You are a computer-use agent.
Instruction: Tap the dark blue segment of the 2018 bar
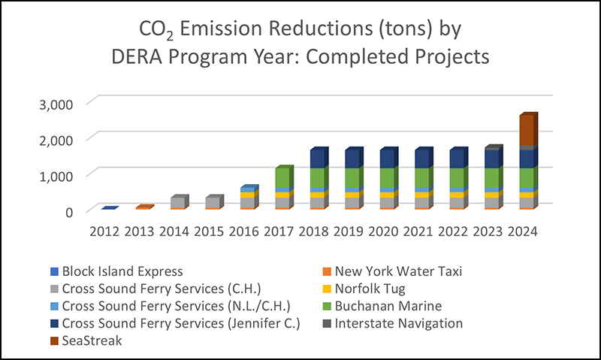(317, 159)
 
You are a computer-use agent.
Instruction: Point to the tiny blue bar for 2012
(108, 208)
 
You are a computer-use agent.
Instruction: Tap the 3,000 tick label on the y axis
(59, 102)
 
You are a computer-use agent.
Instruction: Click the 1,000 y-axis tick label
(59, 175)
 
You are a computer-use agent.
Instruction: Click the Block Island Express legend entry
(122, 271)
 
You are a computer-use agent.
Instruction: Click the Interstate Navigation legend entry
(398, 323)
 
